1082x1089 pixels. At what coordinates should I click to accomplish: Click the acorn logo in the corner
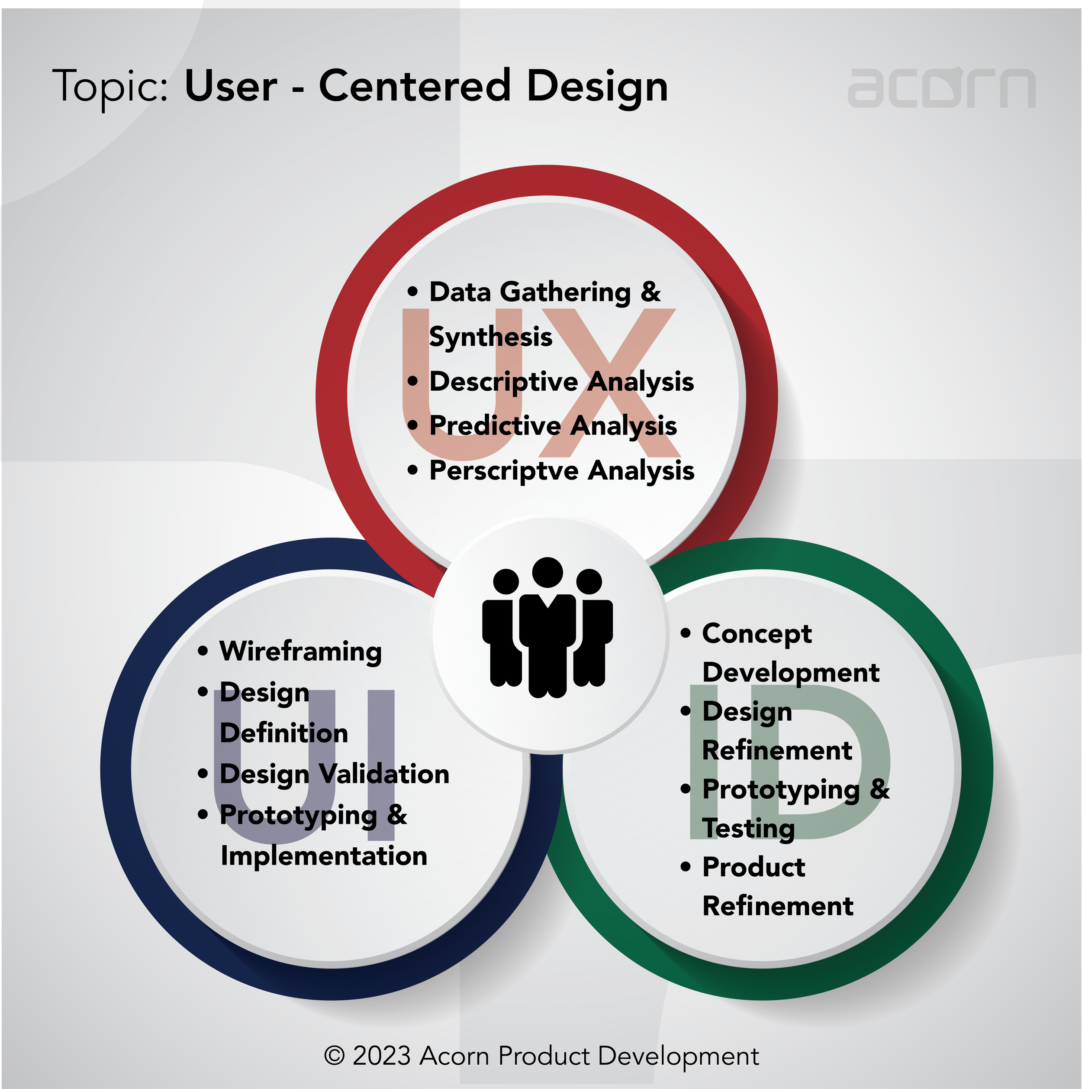click(940, 88)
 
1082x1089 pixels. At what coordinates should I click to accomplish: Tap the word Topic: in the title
click(110, 88)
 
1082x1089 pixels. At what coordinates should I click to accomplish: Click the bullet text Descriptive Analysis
click(561, 382)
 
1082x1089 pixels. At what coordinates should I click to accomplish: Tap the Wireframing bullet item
click(300, 651)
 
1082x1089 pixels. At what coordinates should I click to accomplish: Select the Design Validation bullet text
click(334, 774)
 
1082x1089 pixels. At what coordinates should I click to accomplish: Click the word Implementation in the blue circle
click(324, 856)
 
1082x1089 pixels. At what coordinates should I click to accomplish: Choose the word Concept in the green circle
click(757, 634)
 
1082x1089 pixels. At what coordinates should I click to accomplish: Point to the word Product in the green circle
click(754, 867)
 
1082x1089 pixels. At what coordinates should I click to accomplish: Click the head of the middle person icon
click(547, 573)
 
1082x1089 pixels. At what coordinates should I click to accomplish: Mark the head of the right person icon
click(589, 581)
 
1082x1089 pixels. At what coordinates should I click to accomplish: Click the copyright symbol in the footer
click(334, 1056)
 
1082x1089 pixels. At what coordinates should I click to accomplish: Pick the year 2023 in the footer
click(381, 1056)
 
